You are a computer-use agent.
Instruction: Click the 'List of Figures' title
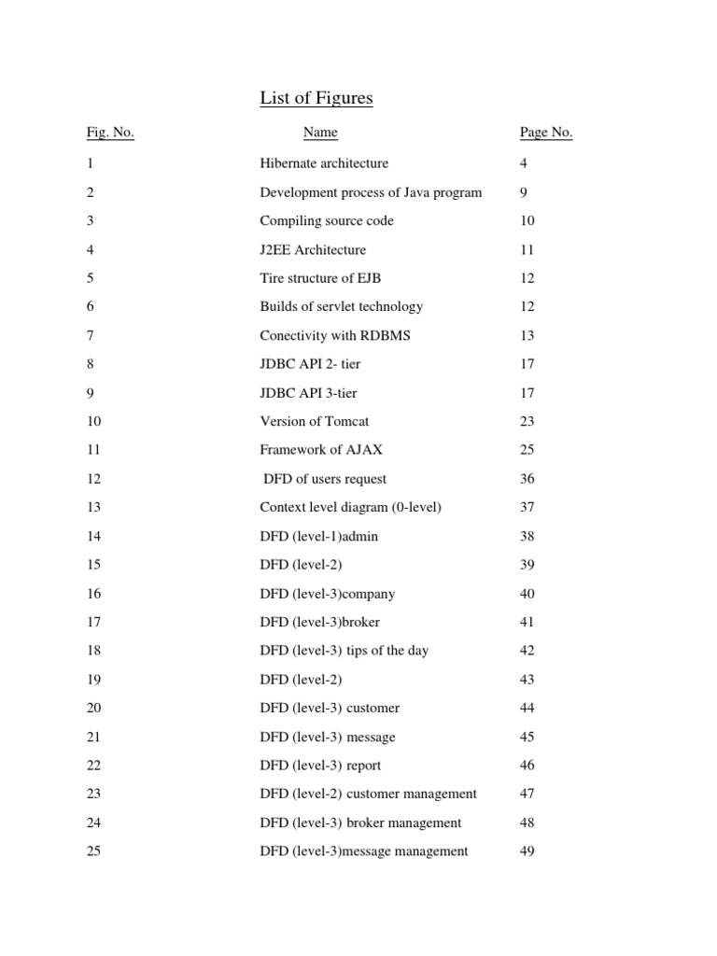(316, 99)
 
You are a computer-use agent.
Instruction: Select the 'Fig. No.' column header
(110, 133)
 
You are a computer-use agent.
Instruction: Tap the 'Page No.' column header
(546, 133)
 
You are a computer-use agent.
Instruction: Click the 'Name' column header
(320, 133)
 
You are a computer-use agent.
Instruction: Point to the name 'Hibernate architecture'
(324, 163)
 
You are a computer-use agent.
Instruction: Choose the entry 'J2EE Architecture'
(313, 250)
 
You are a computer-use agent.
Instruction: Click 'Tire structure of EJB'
(320, 278)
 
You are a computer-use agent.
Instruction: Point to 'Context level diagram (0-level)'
(350, 508)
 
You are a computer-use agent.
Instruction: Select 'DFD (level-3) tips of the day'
(344, 651)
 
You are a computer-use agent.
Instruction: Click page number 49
(527, 851)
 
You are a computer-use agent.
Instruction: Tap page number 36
(527, 479)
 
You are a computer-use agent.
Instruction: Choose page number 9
(524, 192)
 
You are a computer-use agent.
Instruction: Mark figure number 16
(93, 594)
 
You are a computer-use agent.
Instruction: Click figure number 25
(93, 851)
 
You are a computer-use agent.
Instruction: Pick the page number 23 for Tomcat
(527, 421)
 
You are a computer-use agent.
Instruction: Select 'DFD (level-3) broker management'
(360, 822)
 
